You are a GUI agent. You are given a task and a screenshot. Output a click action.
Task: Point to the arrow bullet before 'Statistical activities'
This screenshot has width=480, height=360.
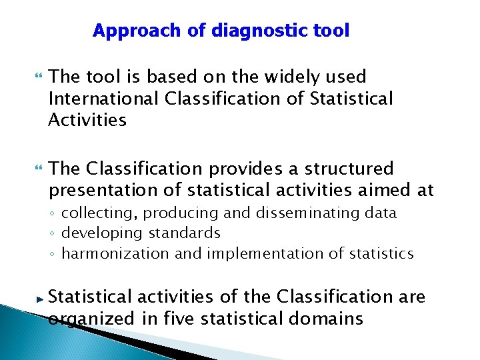pos(39,297)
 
